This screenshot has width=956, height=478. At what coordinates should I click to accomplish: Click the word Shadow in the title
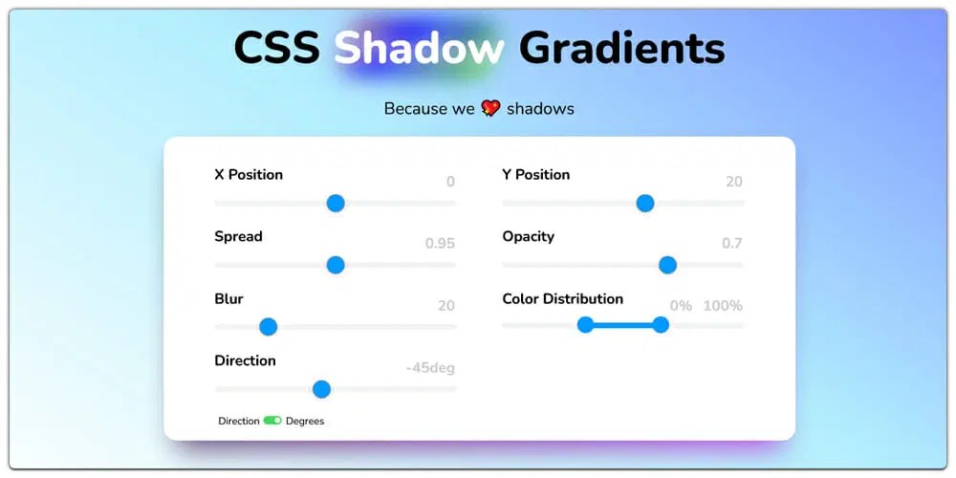pyautogui.click(x=419, y=48)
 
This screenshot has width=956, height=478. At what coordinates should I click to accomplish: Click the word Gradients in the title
pyautogui.click(x=621, y=48)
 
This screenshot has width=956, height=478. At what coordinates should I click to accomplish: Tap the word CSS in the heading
pyautogui.click(x=276, y=48)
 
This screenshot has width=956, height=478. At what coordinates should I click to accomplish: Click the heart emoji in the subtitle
pyautogui.click(x=490, y=108)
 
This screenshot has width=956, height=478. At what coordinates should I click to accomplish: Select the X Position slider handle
pyautogui.click(x=336, y=203)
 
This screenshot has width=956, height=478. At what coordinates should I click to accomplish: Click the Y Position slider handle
pyautogui.click(x=645, y=203)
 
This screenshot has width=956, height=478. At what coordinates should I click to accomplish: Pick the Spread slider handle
pyautogui.click(x=336, y=265)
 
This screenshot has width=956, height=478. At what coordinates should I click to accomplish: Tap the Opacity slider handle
pyautogui.click(x=668, y=265)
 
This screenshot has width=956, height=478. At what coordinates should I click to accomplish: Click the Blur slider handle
pyautogui.click(x=269, y=327)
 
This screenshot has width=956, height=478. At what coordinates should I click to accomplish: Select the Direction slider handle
pyautogui.click(x=322, y=389)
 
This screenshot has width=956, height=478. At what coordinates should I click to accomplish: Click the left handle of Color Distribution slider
pyautogui.click(x=586, y=325)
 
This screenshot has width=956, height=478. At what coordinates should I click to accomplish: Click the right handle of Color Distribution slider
pyautogui.click(x=661, y=325)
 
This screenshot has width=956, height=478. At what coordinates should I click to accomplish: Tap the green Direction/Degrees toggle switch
pyautogui.click(x=272, y=421)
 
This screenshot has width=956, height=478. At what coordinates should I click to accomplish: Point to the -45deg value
pyautogui.click(x=430, y=368)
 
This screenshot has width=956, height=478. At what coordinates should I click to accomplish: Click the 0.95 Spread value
pyautogui.click(x=440, y=244)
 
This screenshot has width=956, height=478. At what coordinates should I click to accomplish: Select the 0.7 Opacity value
pyautogui.click(x=731, y=244)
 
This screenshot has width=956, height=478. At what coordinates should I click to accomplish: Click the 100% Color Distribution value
pyautogui.click(x=723, y=306)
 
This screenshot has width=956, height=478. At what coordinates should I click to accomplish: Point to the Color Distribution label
pyautogui.click(x=562, y=298)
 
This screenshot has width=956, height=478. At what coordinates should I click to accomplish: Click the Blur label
pyautogui.click(x=228, y=298)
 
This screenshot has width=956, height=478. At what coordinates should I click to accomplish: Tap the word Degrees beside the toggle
pyautogui.click(x=305, y=421)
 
